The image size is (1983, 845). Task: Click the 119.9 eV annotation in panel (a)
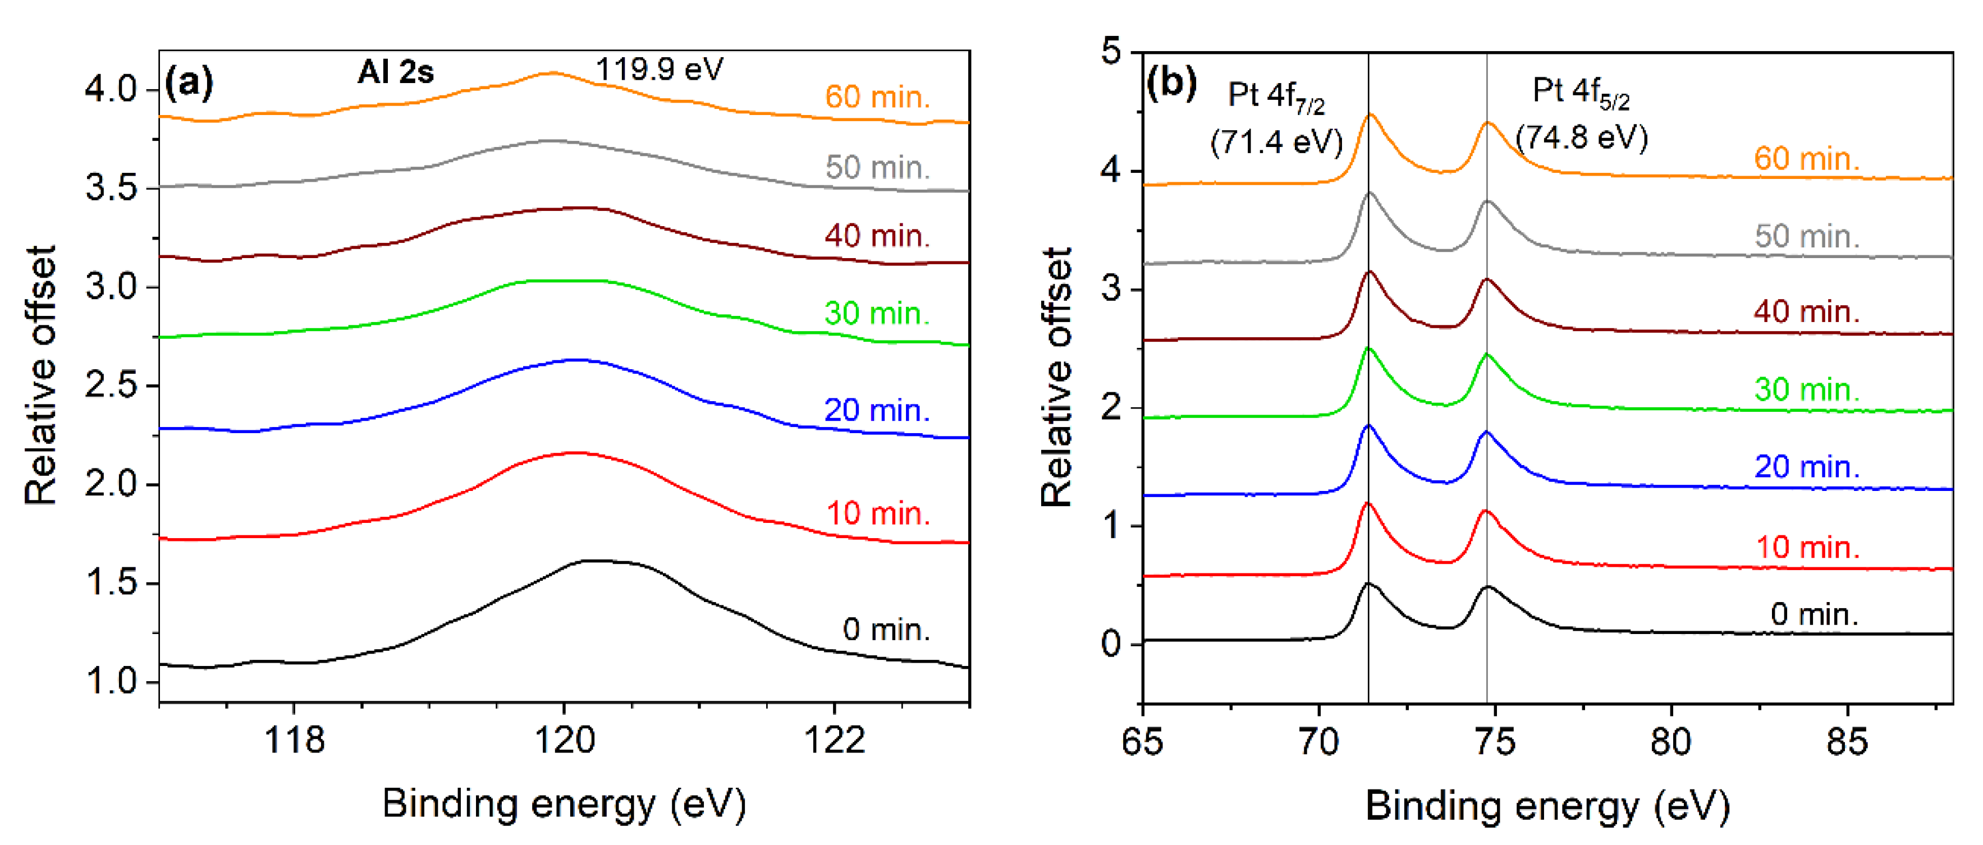[659, 69]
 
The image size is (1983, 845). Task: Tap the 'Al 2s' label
[396, 72]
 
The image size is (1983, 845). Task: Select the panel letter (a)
[189, 81]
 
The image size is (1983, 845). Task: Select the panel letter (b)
[1171, 81]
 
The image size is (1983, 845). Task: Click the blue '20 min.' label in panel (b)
[1806, 466]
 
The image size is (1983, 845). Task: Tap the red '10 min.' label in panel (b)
[1807, 547]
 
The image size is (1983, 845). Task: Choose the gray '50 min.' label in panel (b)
[1807, 236]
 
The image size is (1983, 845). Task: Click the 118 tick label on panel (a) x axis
[294, 740]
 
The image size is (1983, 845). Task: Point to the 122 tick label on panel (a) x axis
[835, 740]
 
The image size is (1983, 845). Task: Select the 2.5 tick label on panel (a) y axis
[110, 385]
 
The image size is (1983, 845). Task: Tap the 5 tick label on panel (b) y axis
[1111, 52]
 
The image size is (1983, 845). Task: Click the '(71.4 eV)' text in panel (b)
[1276, 141]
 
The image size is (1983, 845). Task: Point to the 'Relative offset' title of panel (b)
[1056, 377]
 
